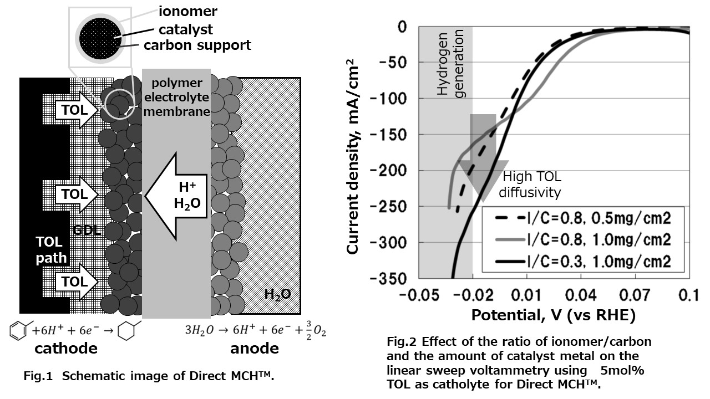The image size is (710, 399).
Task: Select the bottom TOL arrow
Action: point(74,282)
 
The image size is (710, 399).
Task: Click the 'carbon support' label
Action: point(197,45)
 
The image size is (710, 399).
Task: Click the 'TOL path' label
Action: point(51,250)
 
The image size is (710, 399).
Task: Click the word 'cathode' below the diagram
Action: point(66,348)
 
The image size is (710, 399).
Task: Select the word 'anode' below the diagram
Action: point(255,348)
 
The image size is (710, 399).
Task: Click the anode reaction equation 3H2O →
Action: point(255,330)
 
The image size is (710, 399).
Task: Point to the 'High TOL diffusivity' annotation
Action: point(530,185)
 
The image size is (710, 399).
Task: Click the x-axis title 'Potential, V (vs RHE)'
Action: point(553,315)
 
